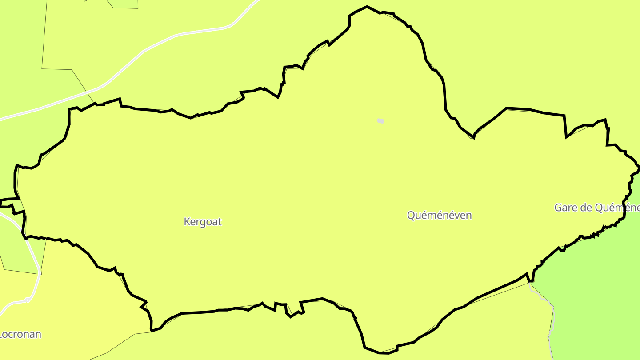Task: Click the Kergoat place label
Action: point(203,221)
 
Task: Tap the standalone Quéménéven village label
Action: point(439,215)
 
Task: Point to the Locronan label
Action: point(20,334)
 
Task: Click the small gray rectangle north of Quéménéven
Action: point(380,121)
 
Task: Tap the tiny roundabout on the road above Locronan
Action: point(28,300)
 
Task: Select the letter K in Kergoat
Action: point(187,221)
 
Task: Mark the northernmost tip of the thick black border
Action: point(367,6)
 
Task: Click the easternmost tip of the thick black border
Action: point(639,168)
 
